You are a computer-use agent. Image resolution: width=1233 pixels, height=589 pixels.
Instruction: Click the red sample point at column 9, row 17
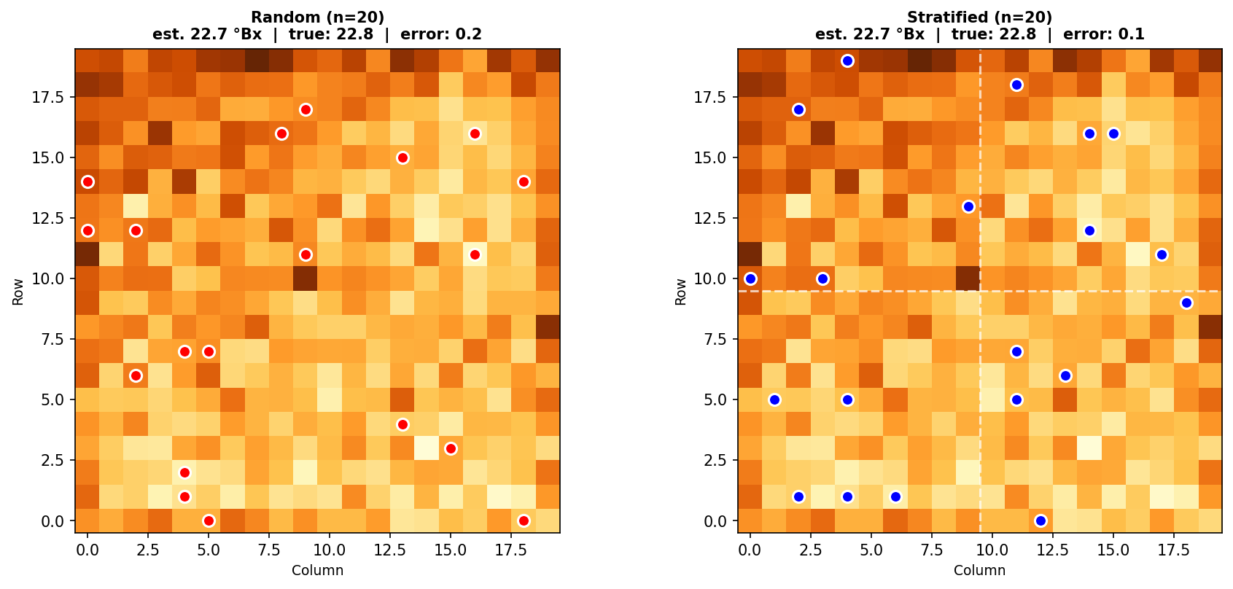[x=306, y=109]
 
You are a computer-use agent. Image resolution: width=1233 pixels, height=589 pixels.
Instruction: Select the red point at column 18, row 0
[x=524, y=520]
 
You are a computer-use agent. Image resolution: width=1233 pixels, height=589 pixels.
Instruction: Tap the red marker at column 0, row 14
[x=87, y=182]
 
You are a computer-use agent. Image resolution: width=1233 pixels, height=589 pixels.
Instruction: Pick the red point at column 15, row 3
[x=451, y=448]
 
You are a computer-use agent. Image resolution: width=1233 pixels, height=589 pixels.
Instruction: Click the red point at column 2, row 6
[x=136, y=375]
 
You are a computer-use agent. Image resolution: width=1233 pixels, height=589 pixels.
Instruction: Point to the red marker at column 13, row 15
[x=402, y=157]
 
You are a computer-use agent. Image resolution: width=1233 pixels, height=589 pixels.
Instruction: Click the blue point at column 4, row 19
[x=847, y=61]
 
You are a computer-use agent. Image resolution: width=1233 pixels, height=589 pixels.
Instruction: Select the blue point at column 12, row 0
[x=1041, y=520]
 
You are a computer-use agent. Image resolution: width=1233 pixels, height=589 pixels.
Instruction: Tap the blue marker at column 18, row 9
[x=1186, y=303]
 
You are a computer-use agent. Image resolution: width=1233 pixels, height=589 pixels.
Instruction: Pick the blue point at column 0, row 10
[x=750, y=278]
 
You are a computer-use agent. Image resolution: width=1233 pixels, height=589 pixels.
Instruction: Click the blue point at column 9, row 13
[x=968, y=206]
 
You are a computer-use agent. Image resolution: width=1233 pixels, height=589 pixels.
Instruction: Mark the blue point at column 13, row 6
[x=1065, y=375]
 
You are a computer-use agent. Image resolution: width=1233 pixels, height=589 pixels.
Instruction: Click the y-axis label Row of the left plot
[x=18, y=291]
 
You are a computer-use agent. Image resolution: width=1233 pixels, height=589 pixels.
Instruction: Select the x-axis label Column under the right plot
[x=979, y=570]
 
